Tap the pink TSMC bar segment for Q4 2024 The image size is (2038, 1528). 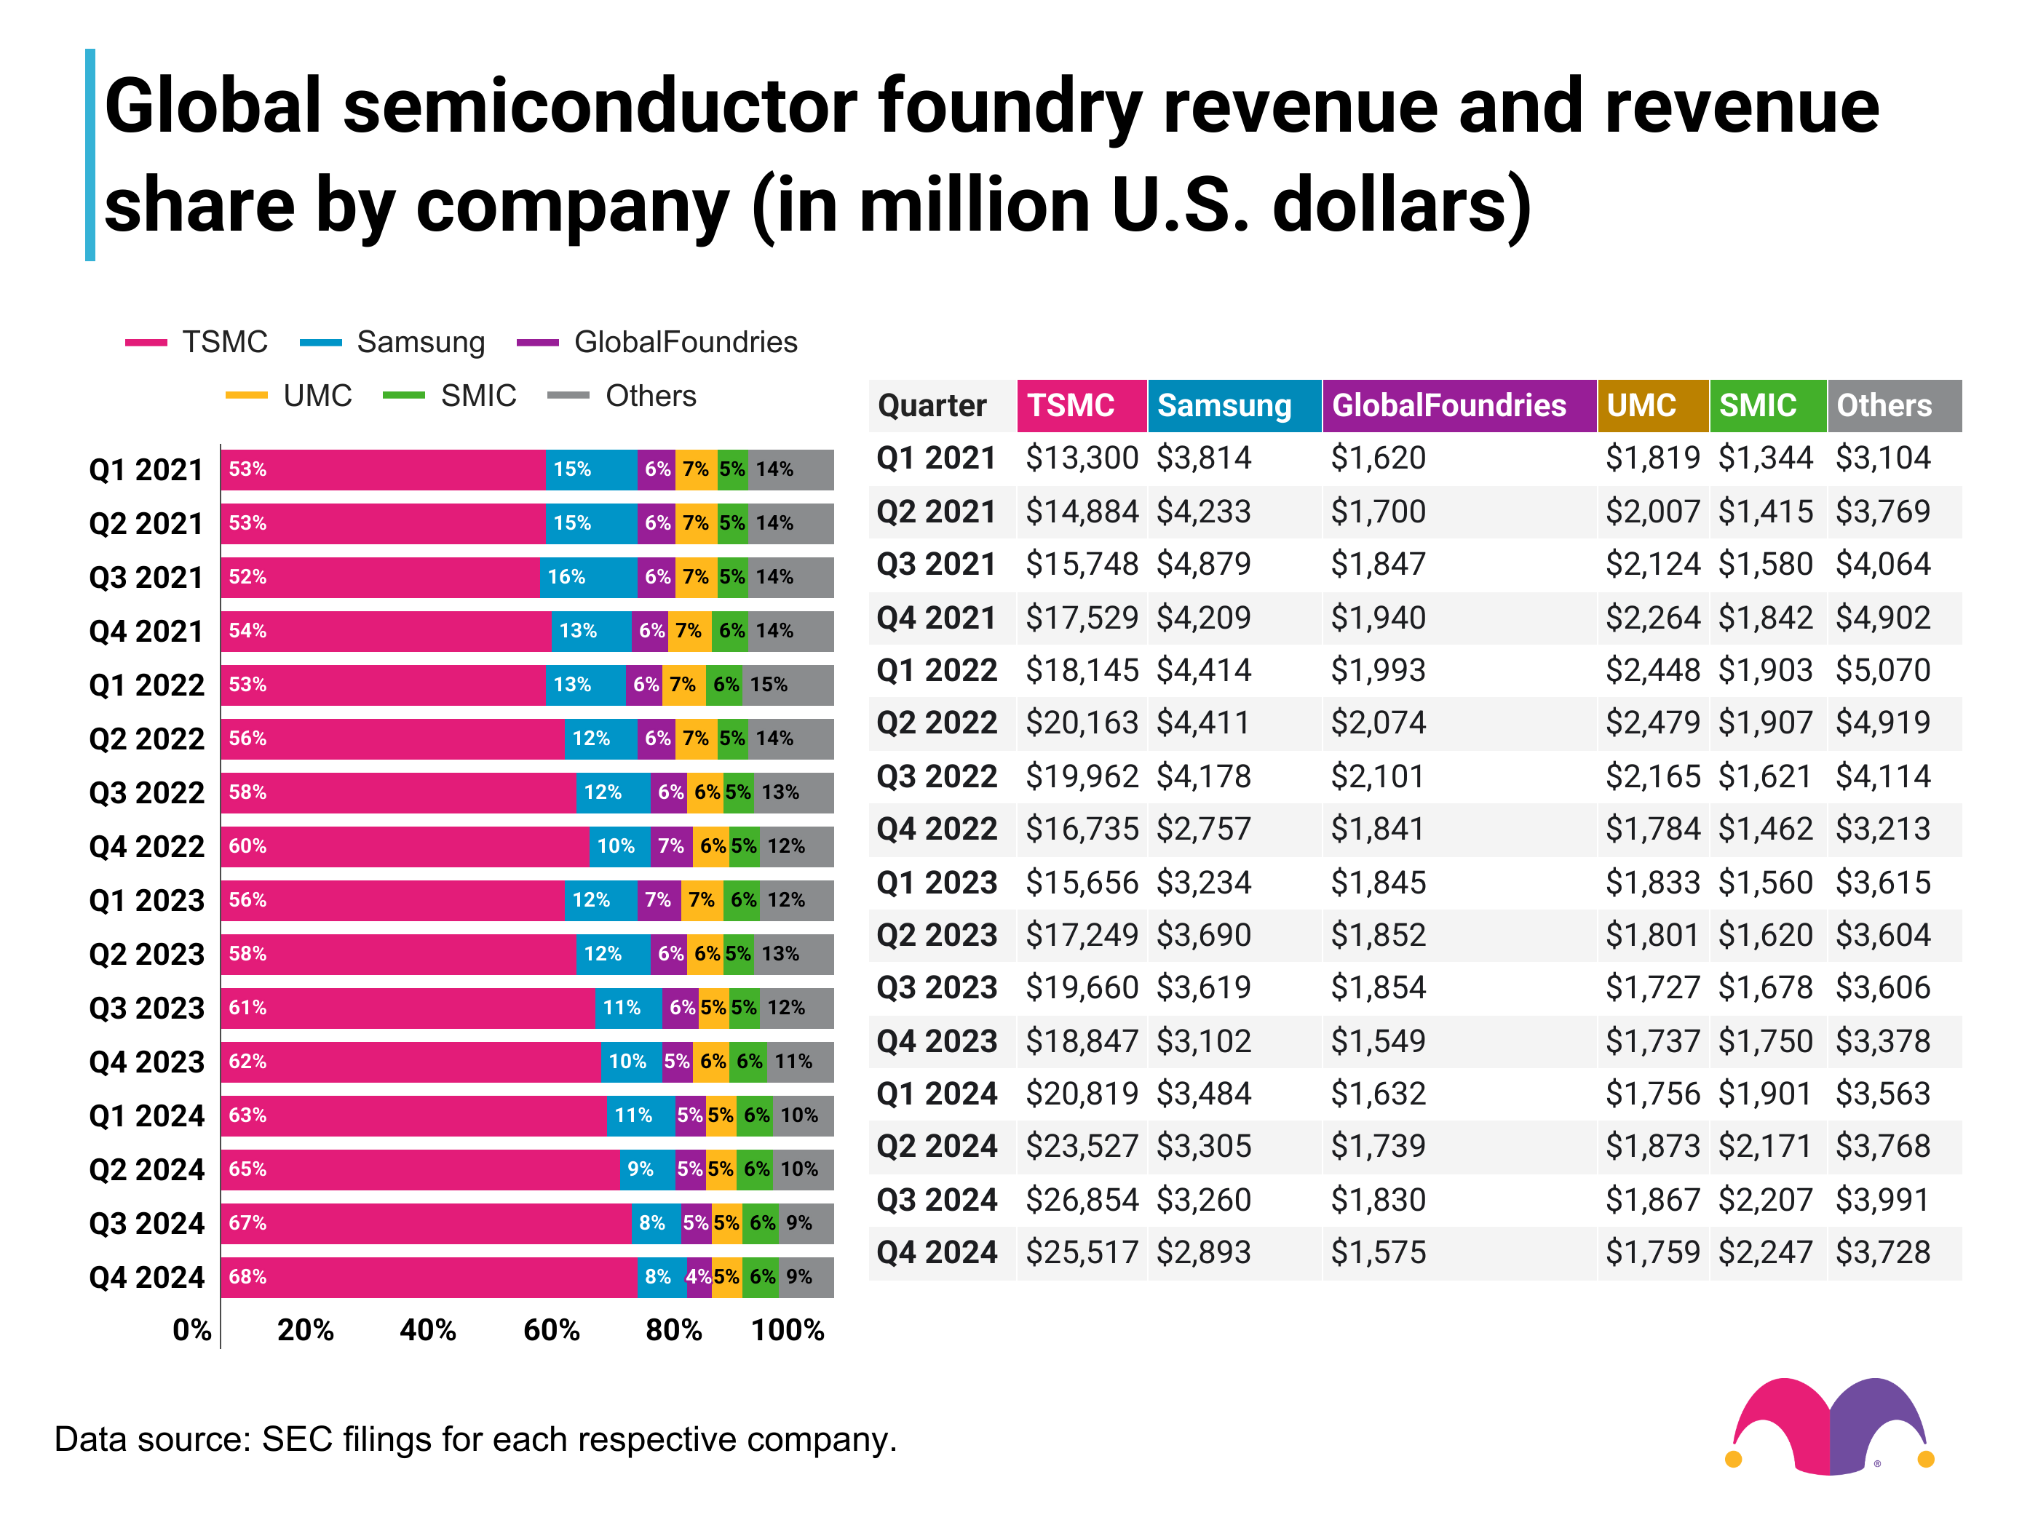429,1276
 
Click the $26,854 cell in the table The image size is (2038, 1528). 1082,1199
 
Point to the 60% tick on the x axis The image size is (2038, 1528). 551,1330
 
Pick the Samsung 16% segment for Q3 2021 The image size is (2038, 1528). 588,576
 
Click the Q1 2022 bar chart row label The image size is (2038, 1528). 146,685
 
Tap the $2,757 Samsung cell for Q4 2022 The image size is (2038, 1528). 1203,829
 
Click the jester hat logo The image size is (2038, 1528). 1829,1425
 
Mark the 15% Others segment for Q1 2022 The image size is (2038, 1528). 788,685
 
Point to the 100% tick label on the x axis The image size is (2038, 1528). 787,1330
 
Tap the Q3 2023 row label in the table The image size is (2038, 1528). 936,987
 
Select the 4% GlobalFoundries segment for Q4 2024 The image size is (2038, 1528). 697,1276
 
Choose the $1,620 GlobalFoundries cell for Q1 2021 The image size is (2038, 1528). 1379,458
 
